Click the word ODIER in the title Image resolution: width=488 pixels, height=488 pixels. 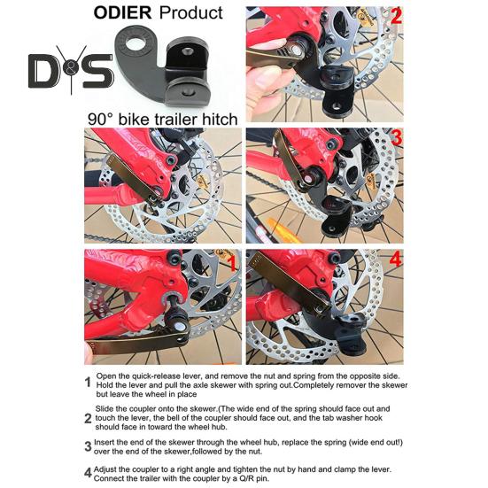point(122,12)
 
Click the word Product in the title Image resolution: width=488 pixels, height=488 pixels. point(190,12)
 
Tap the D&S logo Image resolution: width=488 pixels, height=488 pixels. point(71,70)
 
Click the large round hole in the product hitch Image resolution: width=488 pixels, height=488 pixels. point(136,42)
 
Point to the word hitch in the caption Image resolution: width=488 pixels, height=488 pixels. point(220,120)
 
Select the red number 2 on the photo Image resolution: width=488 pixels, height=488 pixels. point(396,16)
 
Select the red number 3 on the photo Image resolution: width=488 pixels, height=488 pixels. point(396,137)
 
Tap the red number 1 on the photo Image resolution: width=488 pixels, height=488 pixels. point(232,264)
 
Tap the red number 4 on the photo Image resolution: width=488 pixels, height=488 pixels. point(396,259)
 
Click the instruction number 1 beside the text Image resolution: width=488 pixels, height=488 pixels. point(88,383)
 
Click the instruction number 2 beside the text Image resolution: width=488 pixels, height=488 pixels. point(88,418)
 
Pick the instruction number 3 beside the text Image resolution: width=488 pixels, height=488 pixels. point(88,446)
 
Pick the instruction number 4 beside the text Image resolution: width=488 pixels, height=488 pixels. point(88,473)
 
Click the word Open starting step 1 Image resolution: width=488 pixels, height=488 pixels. point(105,376)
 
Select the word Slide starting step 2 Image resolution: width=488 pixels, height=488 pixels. point(104,408)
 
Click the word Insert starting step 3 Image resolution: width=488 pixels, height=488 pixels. point(105,442)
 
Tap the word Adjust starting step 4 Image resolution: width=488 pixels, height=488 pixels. point(105,469)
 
